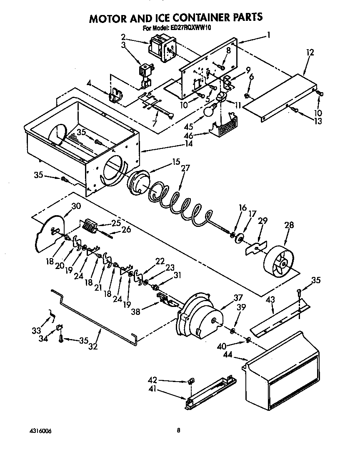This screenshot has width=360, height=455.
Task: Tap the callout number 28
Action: tap(289, 225)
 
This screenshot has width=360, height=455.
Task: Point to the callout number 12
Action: tap(310, 53)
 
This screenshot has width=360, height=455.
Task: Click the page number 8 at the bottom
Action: tap(178, 430)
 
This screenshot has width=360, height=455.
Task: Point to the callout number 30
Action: tap(76, 206)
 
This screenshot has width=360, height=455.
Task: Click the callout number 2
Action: tap(123, 36)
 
